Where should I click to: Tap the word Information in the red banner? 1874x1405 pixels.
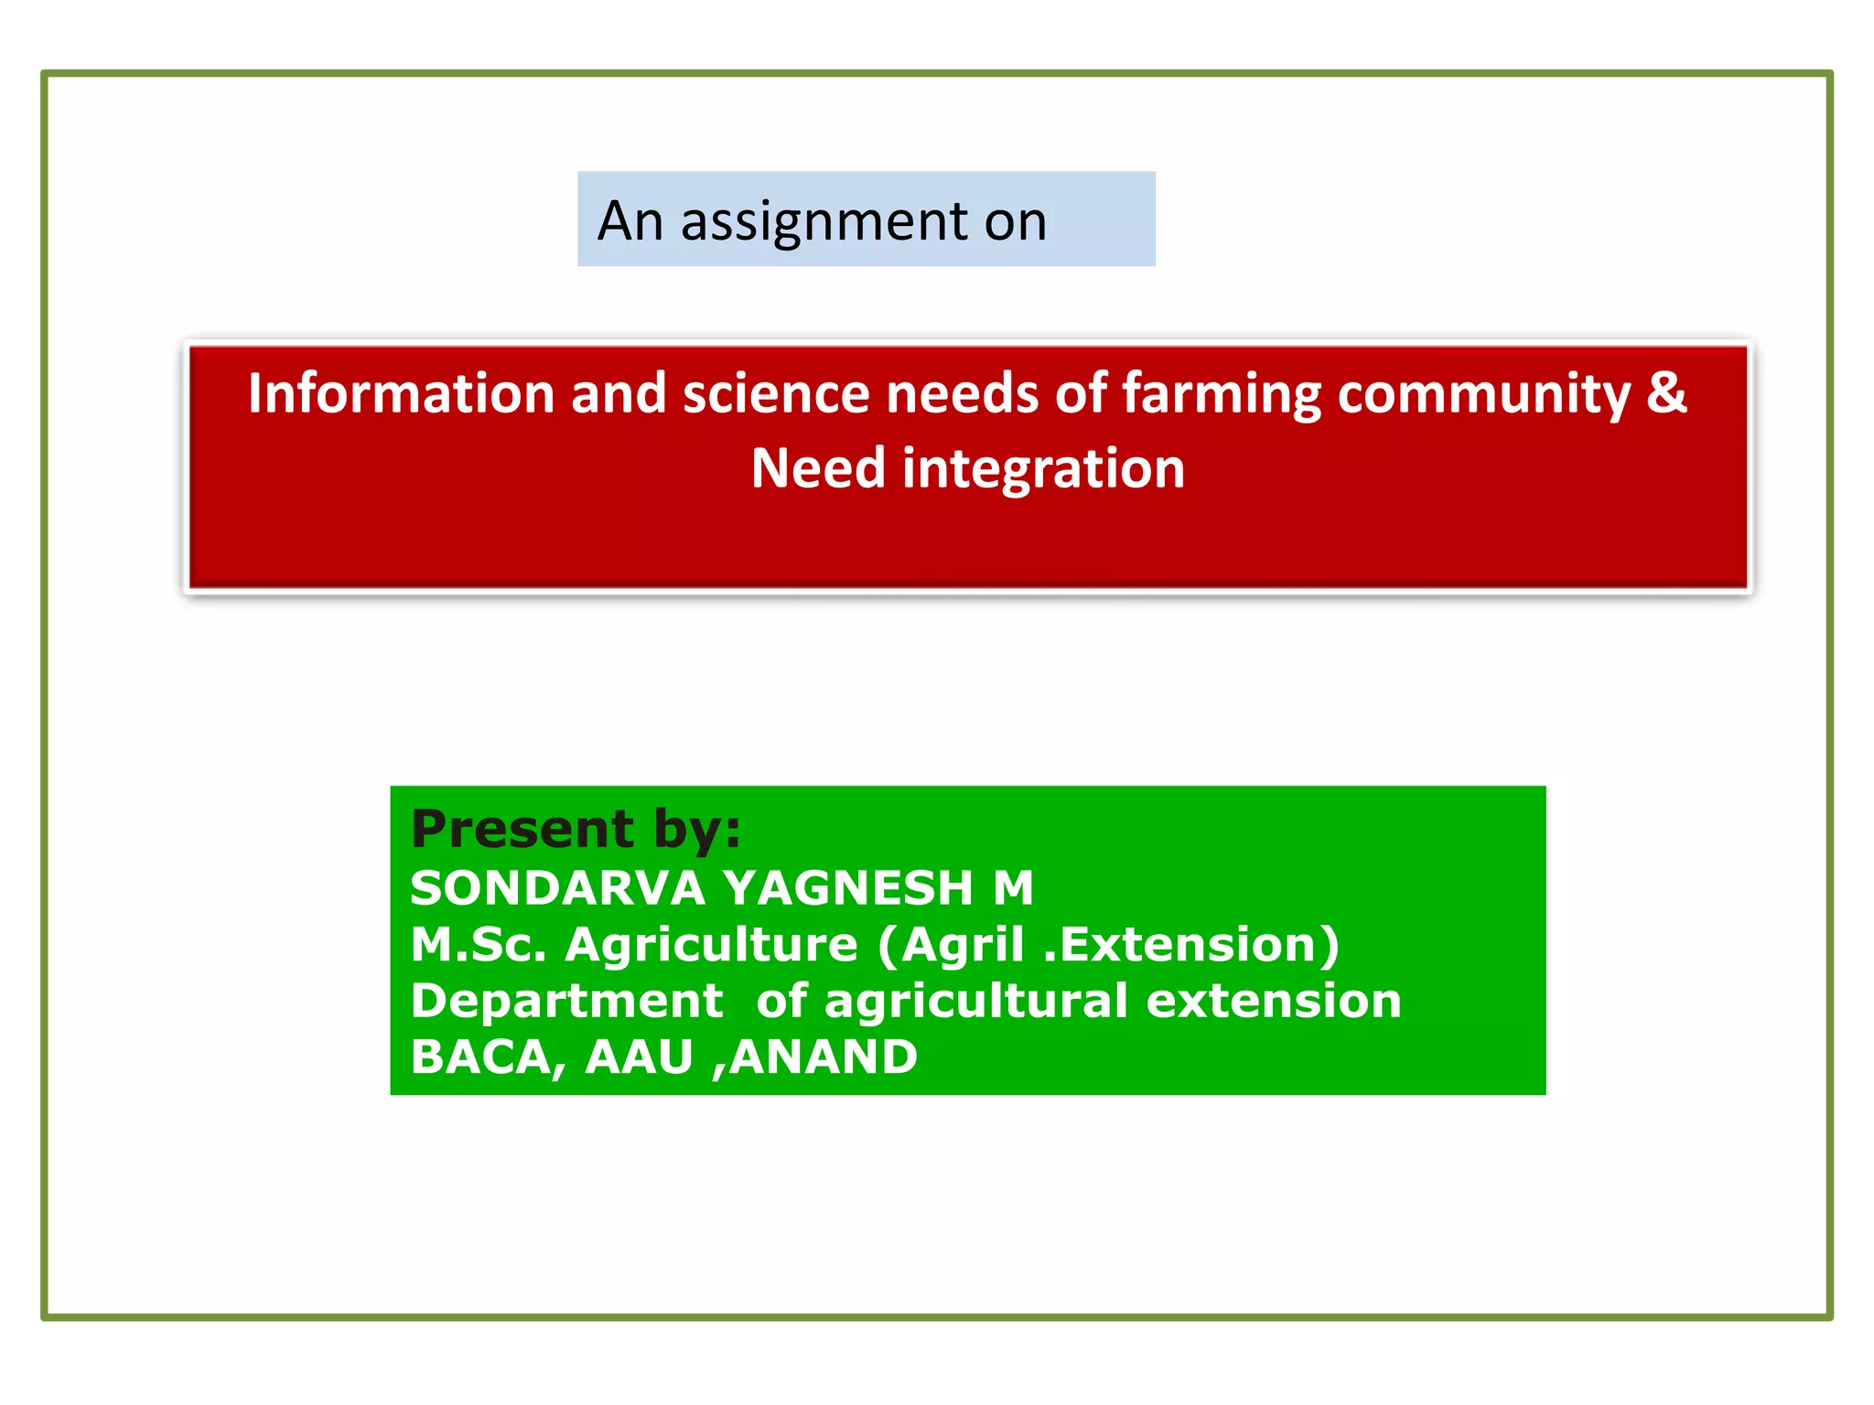[x=401, y=393]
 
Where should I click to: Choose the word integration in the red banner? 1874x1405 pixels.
[x=1043, y=469]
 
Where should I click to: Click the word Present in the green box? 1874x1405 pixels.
[x=522, y=829]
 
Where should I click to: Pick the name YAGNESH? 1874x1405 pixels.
[x=847, y=888]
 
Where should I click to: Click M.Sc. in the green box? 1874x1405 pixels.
[x=478, y=944]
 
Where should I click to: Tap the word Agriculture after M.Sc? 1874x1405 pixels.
[x=712, y=945]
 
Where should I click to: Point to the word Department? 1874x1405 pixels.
[x=566, y=1001]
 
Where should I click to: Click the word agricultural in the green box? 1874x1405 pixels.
[x=975, y=1002]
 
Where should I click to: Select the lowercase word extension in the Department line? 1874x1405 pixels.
[x=1274, y=1001]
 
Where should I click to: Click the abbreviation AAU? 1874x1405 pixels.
[x=639, y=1057]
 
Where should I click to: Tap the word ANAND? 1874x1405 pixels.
[x=824, y=1057]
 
